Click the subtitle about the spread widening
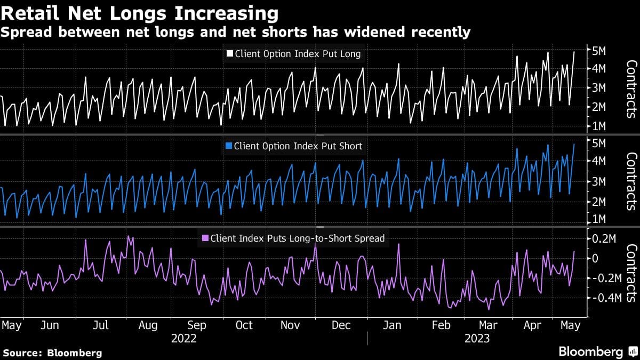pyautogui.click(x=235, y=33)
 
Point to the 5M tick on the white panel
pyautogui.click(x=596, y=51)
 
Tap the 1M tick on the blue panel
pyautogui.click(x=596, y=220)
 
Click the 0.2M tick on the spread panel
pyautogui.click(x=600, y=239)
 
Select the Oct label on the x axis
pyautogui.click(x=244, y=325)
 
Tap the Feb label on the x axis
pyautogui.click(x=441, y=325)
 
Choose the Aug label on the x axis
pyautogui.click(x=148, y=325)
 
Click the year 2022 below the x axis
pyautogui.click(x=184, y=339)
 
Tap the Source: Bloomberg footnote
pyautogui.click(x=52, y=353)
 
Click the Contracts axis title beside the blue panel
pyautogui.click(x=631, y=181)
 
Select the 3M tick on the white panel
pyautogui.click(x=596, y=87)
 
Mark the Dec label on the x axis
pyautogui.click(x=341, y=325)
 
